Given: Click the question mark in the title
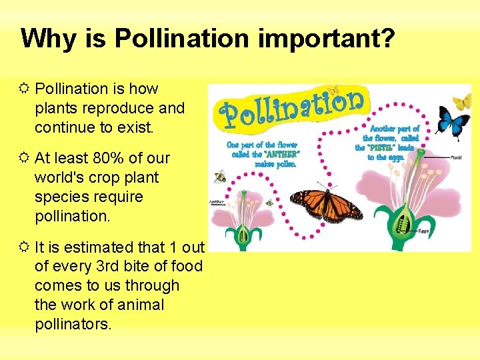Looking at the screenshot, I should pos(387,39).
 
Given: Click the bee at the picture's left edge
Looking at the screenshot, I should pos(219,177).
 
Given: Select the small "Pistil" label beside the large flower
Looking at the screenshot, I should pos(457,157).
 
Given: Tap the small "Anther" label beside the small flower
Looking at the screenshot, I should pos(217,201).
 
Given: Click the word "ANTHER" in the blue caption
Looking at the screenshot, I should pos(281,154).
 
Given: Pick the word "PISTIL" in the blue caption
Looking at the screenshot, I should pos(383,147).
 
